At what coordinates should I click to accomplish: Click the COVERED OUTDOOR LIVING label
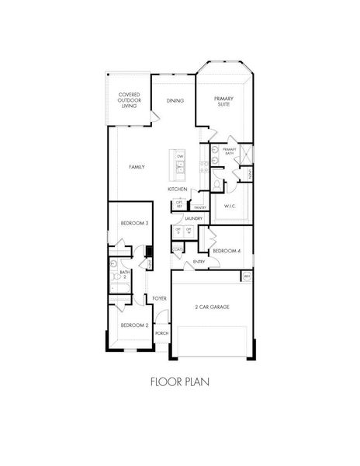click(130, 99)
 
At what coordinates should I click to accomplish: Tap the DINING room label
click(175, 100)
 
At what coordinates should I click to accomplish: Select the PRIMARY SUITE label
click(223, 100)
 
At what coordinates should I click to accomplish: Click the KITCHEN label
click(178, 190)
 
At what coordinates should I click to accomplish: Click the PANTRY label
click(199, 207)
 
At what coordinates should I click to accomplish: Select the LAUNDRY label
click(193, 220)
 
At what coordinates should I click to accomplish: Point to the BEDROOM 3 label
click(134, 224)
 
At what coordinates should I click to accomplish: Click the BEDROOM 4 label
click(227, 251)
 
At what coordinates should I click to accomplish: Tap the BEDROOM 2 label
click(134, 325)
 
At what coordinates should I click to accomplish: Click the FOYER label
click(161, 298)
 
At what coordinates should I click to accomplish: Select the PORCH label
click(161, 333)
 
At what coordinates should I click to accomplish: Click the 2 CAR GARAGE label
click(211, 307)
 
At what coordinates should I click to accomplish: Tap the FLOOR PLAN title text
click(179, 381)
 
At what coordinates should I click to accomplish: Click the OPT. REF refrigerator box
click(179, 204)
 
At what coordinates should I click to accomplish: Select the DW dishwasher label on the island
click(180, 156)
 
